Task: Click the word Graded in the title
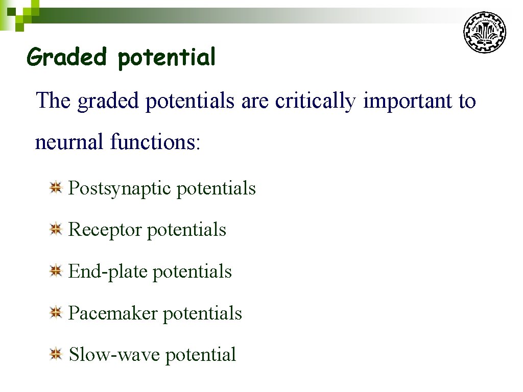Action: point(66,57)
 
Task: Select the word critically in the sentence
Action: point(315,102)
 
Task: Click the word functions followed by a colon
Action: point(155,142)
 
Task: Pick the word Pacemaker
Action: point(113,313)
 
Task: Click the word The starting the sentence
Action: point(53,101)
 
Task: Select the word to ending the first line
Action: point(467,101)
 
